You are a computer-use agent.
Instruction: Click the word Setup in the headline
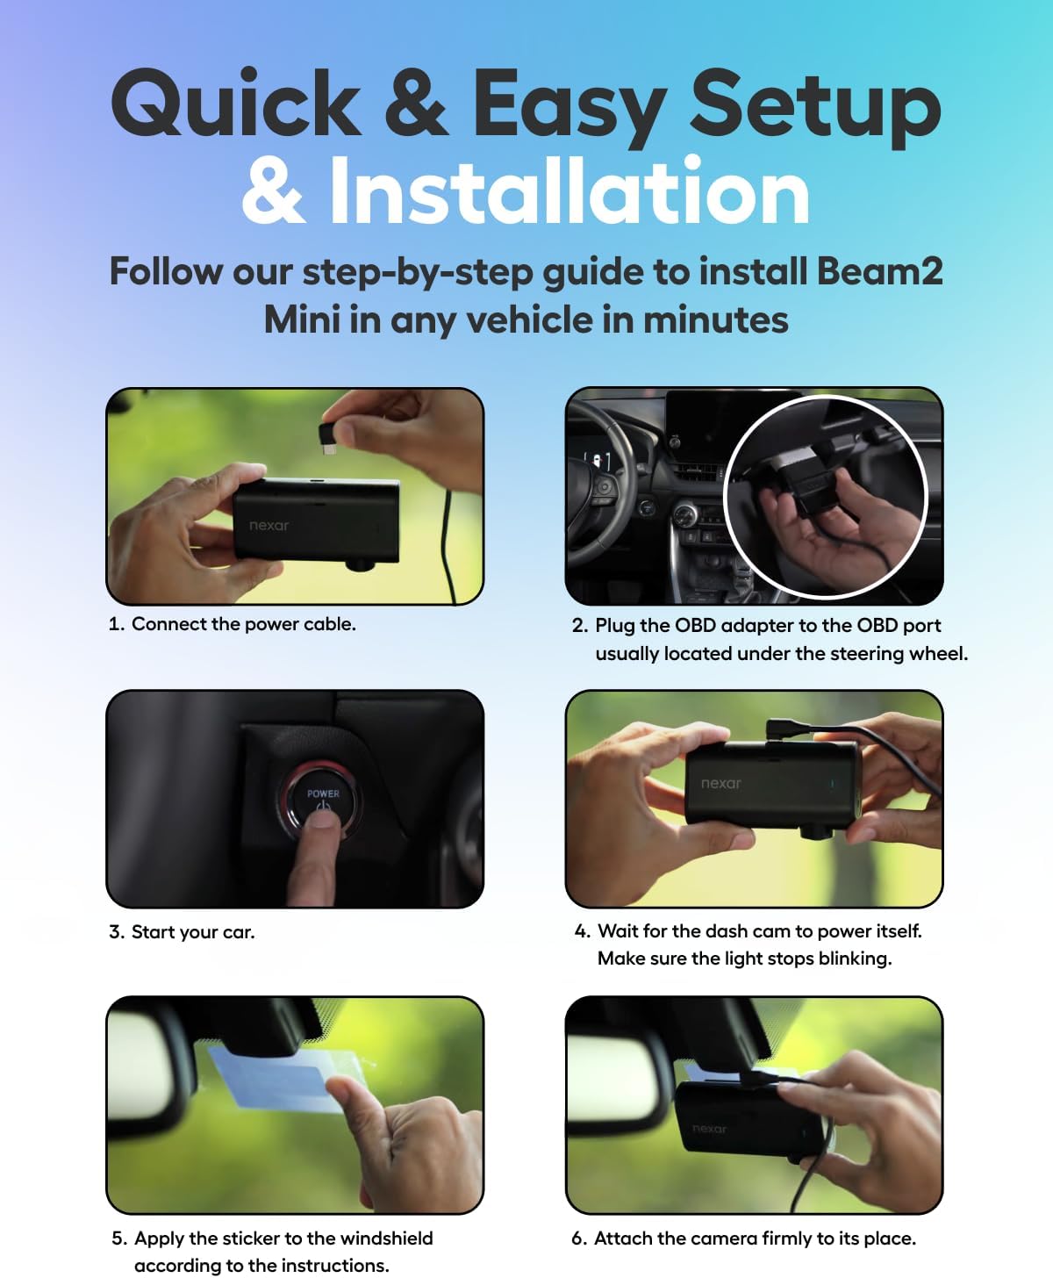pos(816,105)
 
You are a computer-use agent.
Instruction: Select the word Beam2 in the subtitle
pos(879,271)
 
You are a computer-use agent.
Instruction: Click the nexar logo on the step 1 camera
pos(269,526)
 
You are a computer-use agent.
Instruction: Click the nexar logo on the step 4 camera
pos(720,783)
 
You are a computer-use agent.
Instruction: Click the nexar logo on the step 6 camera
pos(709,1129)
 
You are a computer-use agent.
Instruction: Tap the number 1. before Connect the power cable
pos(117,624)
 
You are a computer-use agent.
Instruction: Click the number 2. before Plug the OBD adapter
pos(579,626)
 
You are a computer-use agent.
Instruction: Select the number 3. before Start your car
pos(117,932)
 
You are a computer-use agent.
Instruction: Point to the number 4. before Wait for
pos(582,931)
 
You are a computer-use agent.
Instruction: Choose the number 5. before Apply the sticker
pos(119,1239)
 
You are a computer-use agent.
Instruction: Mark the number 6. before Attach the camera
pos(578,1239)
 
